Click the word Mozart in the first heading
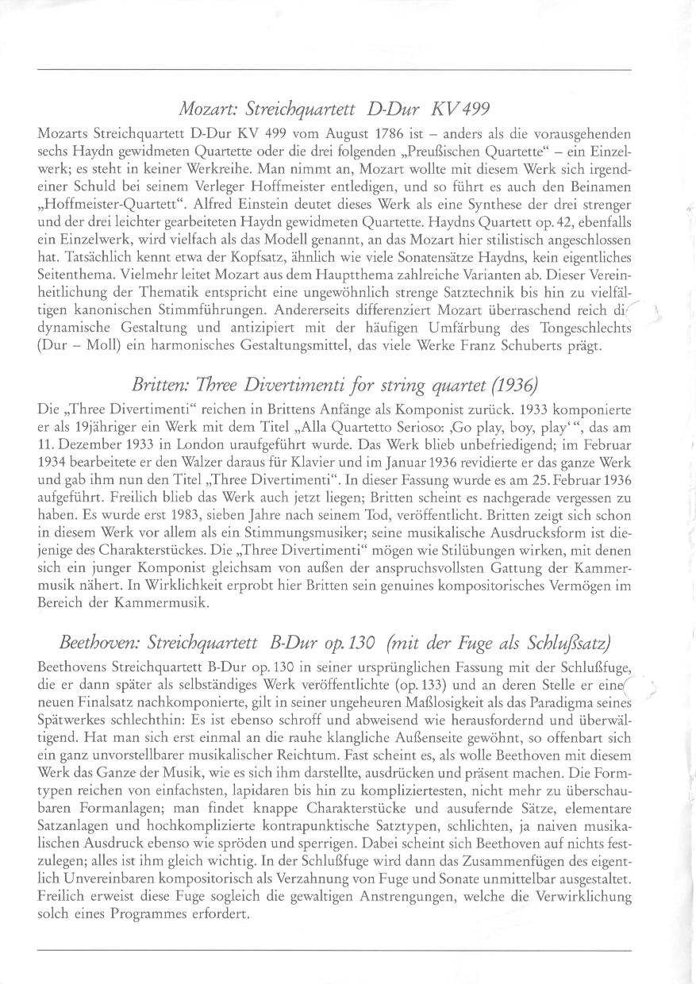click(201, 106)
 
